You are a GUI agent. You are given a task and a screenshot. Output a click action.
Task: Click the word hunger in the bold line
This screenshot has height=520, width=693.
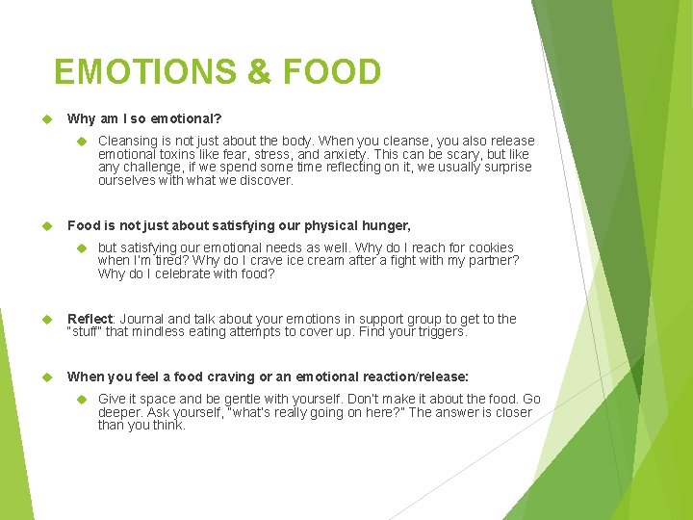[x=385, y=225]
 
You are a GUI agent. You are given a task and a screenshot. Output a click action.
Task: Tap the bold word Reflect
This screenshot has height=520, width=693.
[x=90, y=319]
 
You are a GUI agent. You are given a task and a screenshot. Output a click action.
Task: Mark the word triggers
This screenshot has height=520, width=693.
[x=439, y=332]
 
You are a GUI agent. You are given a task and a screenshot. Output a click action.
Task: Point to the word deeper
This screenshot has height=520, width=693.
[x=120, y=412]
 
